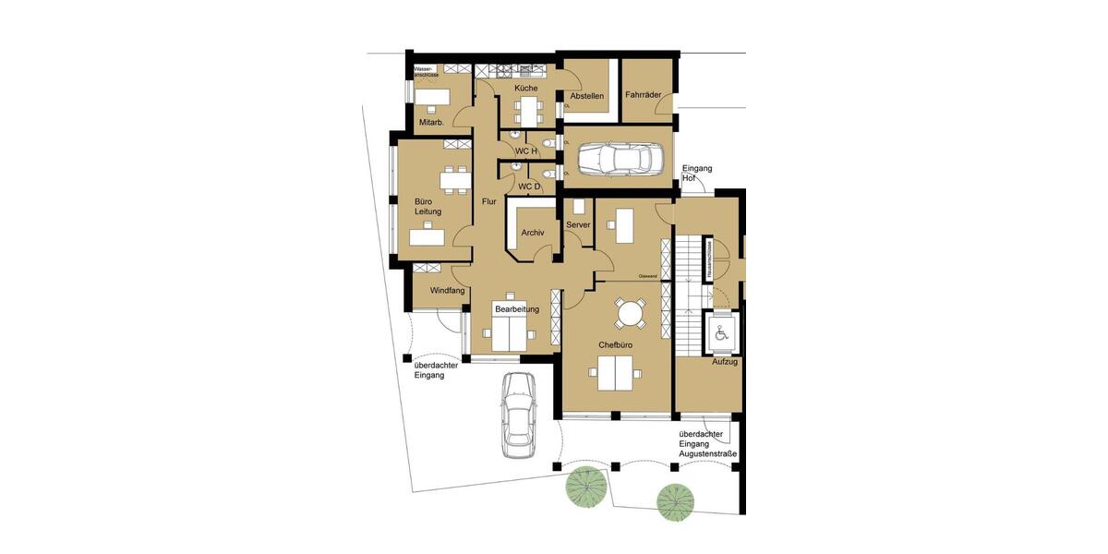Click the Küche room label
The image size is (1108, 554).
526,88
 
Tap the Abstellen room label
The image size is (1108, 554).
587,96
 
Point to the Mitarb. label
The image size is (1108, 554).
431,123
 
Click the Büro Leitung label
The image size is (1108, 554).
428,205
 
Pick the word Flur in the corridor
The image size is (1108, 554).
489,200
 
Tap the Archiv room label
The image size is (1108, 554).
533,233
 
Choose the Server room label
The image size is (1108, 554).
578,224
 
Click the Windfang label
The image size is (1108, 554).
447,290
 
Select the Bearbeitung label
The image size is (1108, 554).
516,308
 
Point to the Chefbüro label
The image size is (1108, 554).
615,345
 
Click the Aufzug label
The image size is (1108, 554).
724,361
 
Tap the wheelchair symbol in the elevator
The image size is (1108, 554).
721,332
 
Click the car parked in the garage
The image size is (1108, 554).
614,160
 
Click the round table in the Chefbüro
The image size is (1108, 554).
632,313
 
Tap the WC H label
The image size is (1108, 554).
526,151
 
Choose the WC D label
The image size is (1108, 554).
528,187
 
